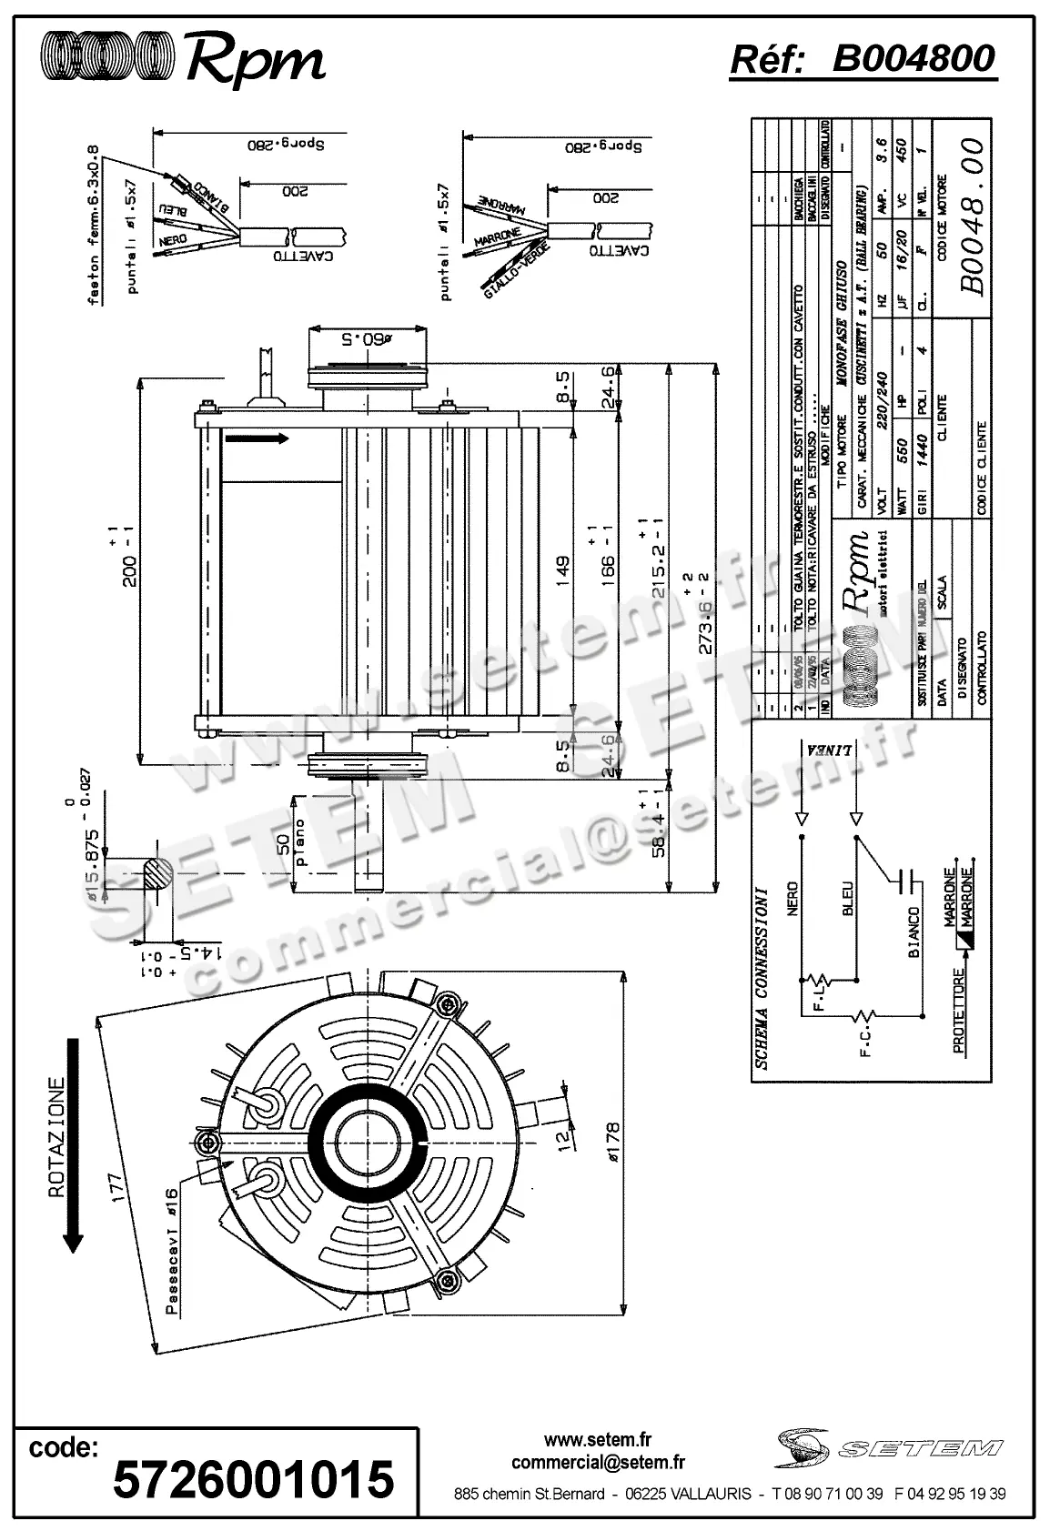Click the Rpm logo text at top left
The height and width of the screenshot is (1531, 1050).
256,60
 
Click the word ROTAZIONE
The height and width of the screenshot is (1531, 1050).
57,1140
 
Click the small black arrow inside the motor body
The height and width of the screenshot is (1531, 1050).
257,438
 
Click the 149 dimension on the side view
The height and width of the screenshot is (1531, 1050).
561,567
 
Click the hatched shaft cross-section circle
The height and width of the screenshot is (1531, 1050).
158,874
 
